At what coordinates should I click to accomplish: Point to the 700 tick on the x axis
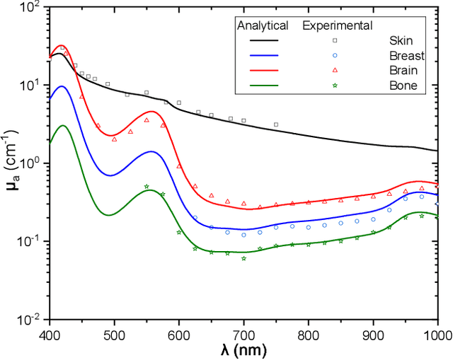pos(243,332)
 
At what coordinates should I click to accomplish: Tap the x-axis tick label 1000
pos(437,332)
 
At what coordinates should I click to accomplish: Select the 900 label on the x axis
pos(373,332)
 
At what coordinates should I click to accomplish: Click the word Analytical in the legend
pos(262,26)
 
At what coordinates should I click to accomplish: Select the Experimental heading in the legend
pos(337,26)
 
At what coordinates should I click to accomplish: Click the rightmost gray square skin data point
pos(276,124)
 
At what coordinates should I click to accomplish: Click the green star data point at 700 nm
pos(243,258)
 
